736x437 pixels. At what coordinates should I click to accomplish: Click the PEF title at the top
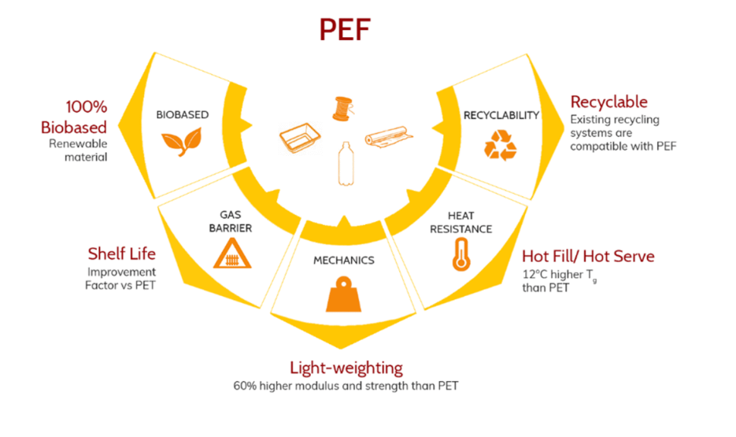tap(345, 30)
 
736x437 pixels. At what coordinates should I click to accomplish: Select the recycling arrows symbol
tap(500, 146)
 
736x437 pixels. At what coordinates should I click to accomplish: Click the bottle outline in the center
tap(344, 163)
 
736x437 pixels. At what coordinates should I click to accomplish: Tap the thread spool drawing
tap(342, 108)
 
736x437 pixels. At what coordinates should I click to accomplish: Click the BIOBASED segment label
tap(182, 115)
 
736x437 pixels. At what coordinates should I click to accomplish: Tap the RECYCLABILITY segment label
tap(501, 115)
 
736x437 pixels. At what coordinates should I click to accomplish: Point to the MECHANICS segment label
tap(344, 260)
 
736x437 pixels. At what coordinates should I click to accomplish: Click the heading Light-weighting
tap(346, 368)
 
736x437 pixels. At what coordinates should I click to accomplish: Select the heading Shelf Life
tap(122, 254)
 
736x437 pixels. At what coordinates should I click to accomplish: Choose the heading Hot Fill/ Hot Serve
tap(588, 257)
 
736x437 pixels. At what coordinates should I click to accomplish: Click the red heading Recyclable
tap(608, 102)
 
